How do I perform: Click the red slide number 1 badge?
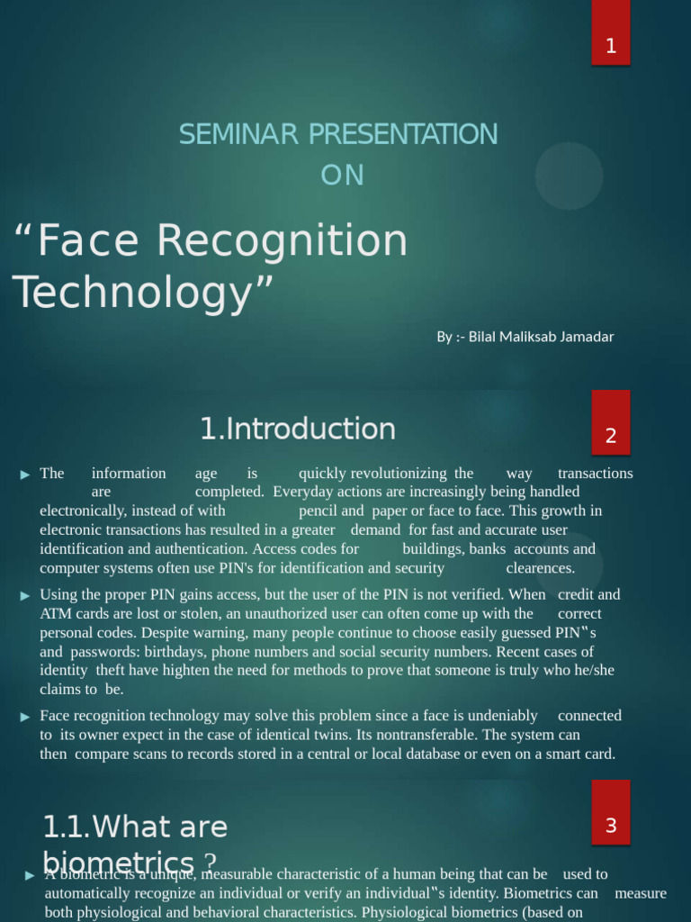coord(611,46)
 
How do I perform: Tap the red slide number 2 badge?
coord(611,436)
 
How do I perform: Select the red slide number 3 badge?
coord(611,825)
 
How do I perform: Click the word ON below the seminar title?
coord(343,175)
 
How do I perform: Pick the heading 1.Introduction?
coord(298,429)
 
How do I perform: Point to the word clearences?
coord(540,568)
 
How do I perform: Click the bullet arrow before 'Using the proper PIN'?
coord(26,595)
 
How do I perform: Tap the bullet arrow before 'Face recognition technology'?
coord(26,717)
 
